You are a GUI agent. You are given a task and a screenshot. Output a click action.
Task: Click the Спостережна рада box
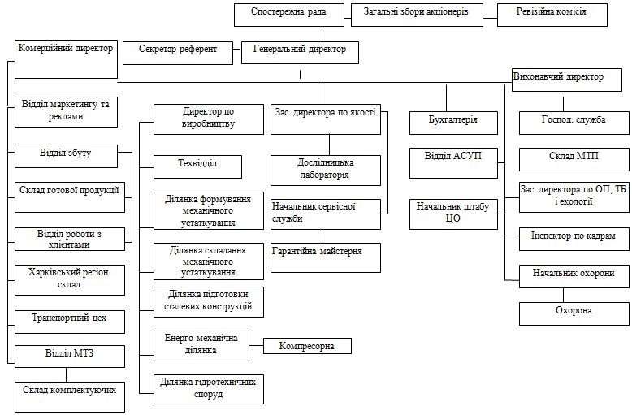[x=291, y=14]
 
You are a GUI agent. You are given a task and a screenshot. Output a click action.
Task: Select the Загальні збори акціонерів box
[x=417, y=13]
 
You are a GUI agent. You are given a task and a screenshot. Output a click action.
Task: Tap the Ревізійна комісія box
[x=552, y=13]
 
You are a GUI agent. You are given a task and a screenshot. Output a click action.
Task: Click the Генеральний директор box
[x=300, y=51]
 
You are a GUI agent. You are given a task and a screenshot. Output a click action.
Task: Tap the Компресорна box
[x=307, y=347]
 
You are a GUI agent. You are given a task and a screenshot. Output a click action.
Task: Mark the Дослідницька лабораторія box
[x=326, y=170]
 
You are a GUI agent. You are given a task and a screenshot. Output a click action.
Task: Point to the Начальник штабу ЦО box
[x=452, y=214]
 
